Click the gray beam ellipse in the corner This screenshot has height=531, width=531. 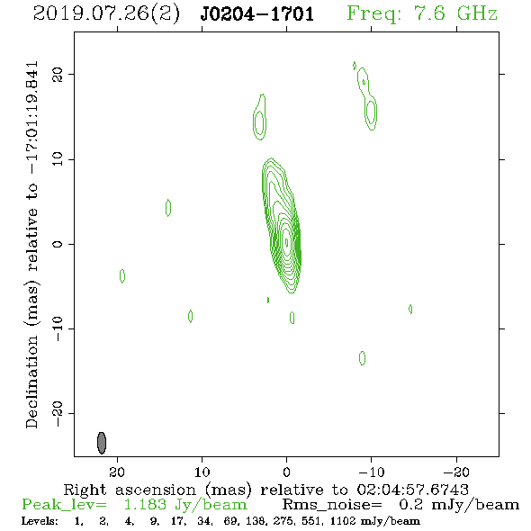click(102, 443)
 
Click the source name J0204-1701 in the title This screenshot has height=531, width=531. click(257, 14)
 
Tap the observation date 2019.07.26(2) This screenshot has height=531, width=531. click(106, 14)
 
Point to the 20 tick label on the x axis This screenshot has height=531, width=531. click(117, 472)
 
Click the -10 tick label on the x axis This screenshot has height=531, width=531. click(371, 472)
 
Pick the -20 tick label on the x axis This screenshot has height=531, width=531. click(456, 472)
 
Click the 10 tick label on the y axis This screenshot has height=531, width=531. click(58, 159)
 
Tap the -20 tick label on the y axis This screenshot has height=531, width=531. click(58, 413)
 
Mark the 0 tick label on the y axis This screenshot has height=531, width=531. click(58, 244)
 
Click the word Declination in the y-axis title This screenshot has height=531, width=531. click(31, 382)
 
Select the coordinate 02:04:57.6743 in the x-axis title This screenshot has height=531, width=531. click(412, 490)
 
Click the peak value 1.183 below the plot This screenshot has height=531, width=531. click(145, 505)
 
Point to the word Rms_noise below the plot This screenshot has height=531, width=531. click(332, 505)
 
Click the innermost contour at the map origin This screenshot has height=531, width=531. click(286, 242)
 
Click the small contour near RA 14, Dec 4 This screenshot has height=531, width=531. click(168, 208)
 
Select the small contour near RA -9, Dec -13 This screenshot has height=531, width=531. click(362, 358)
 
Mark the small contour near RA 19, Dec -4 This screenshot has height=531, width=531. click(122, 276)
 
